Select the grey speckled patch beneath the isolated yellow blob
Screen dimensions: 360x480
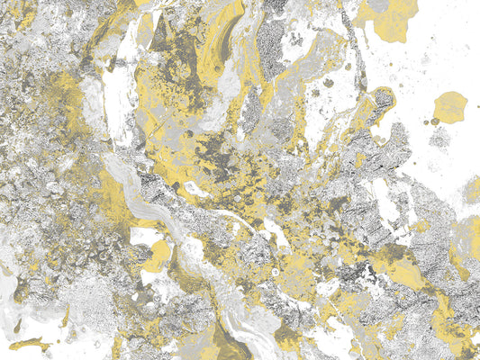pyautogui.click(x=440, y=138)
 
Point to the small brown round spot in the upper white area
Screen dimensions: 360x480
pyautogui.click(x=329, y=83)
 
